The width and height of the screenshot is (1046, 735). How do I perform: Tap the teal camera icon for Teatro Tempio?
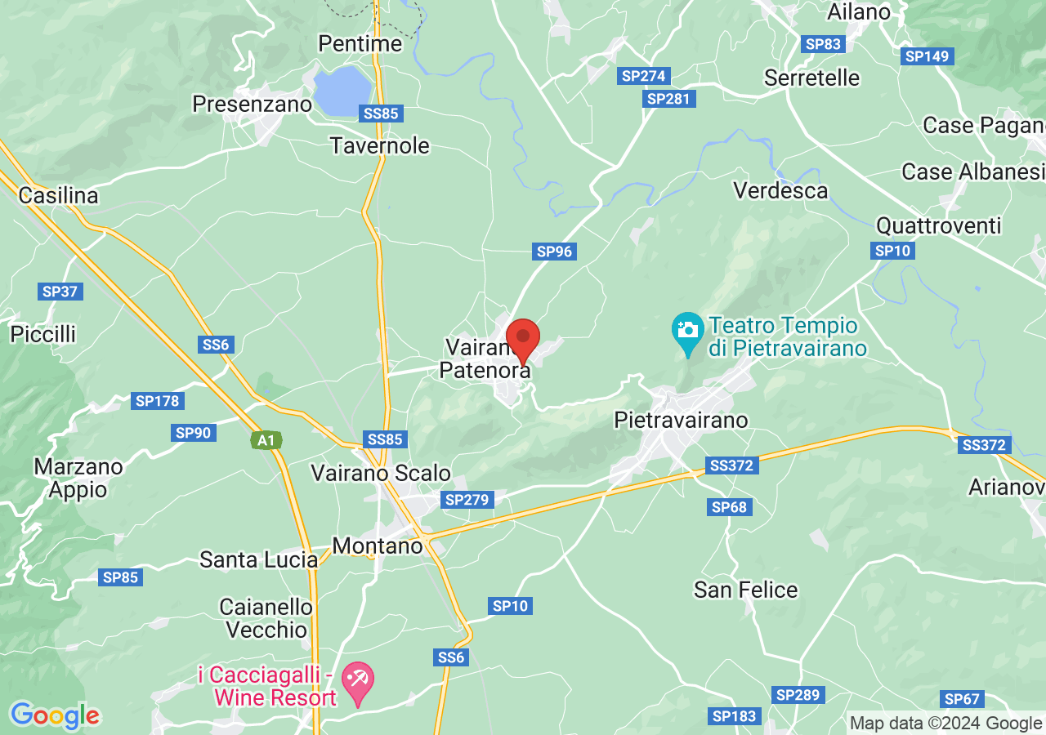coord(688,331)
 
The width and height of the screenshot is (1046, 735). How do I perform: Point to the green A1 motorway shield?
coord(266,440)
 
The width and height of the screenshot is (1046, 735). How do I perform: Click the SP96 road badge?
coord(554,252)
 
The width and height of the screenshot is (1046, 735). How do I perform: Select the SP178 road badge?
coord(156,401)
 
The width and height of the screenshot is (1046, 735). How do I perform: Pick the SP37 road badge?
coord(60,292)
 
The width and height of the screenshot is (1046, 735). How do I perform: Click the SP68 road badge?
coord(729,507)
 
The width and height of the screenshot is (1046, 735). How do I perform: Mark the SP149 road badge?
coord(927,56)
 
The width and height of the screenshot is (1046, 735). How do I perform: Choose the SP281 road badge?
coord(669,99)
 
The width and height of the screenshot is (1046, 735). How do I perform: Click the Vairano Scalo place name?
coord(381,473)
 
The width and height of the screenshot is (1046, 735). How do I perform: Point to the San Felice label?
coord(745,589)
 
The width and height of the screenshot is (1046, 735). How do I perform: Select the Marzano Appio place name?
coord(78,478)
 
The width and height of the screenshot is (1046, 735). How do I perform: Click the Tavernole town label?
coord(379,145)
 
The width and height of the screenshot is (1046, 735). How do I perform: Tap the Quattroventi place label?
coord(938,225)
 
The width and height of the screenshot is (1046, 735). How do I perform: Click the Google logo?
coord(55,716)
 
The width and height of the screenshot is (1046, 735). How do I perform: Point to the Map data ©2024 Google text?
coord(945,723)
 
